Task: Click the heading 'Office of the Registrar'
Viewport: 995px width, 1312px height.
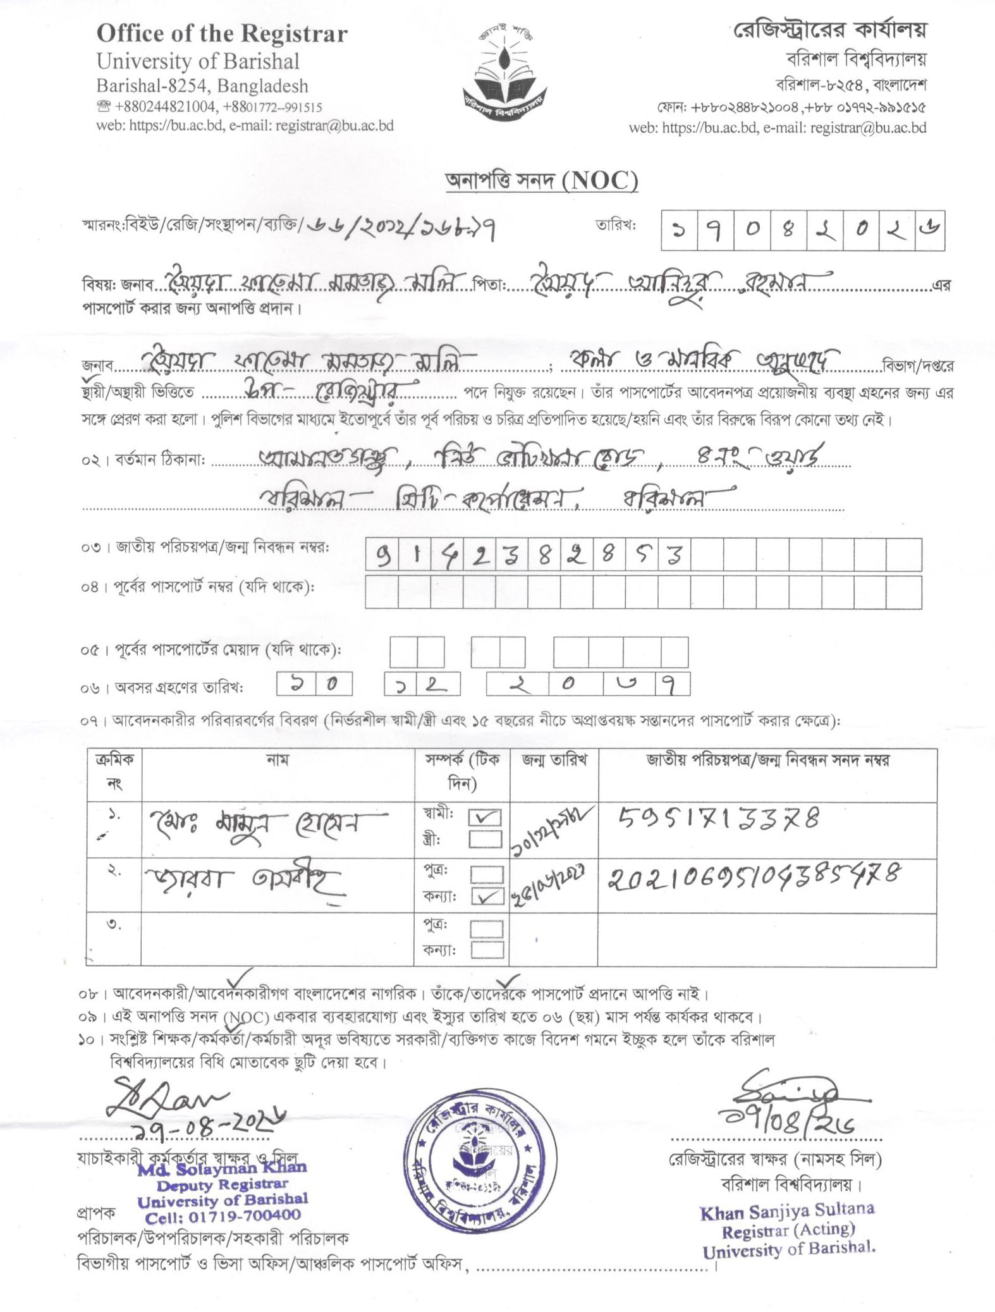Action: coord(222,34)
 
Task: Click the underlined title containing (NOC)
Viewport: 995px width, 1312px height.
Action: coord(542,181)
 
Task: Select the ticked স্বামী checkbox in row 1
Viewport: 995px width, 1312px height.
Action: coord(484,818)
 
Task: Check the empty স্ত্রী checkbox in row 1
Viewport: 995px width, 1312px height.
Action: coord(485,840)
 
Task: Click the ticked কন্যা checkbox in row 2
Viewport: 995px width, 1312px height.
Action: coord(487,897)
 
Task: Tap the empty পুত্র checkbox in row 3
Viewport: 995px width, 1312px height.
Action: coord(487,928)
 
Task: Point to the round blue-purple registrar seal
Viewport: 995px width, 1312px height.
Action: coord(480,1160)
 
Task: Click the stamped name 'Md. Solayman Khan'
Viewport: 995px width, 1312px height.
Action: coord(223,1168)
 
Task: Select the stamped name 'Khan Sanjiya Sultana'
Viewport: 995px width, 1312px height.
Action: coord(787,1211)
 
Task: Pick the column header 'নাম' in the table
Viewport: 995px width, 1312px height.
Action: coord(278,760)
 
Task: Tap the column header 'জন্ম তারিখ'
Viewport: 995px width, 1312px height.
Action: coord(554,760)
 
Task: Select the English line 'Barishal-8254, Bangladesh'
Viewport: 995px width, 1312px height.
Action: coord(202,86)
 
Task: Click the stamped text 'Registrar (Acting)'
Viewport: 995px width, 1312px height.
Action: coord(788,1230)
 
